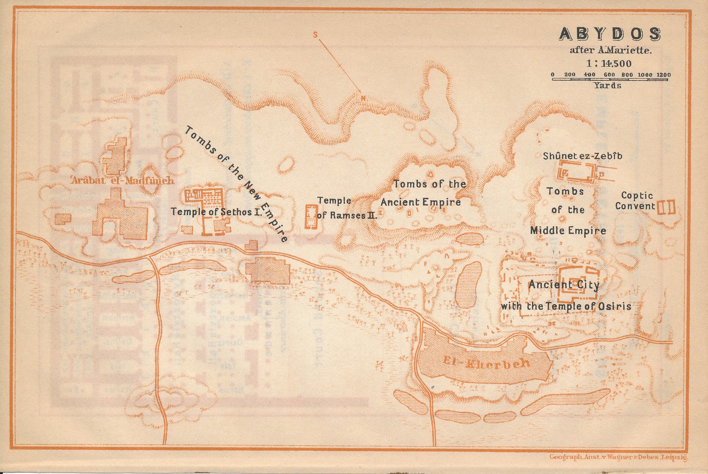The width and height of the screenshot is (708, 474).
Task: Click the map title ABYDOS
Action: pyautogui.click(x=610, y=34)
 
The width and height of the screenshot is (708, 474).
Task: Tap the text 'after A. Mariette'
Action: pyautogui.click(x=610, y=50)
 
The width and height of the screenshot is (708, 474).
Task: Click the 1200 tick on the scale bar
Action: pyautogui.click(x=664, y=75)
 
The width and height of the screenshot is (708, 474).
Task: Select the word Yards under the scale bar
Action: pyautogui.click(x=607, y=85)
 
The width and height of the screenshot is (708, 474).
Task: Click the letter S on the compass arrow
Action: pyautogui.click(x=315, y=35)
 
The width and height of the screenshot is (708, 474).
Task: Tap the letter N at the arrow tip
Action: pyautogui.click(x=363, y=98)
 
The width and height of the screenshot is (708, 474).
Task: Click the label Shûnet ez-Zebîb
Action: pyautogui.click(x=582, y=156)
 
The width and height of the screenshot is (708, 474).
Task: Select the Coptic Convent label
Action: pyautogui.click(x=636, y=201)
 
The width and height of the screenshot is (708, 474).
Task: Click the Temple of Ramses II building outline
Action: pyautogui.click(x=311, y=217)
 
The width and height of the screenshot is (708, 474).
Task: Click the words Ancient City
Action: pyautogui.click(x=564, y=285)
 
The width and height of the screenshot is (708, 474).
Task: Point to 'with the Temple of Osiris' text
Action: pyautogui.click(x=566, y=306)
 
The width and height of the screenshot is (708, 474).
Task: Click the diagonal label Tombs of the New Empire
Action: pyautogui.click(x=236, y=183)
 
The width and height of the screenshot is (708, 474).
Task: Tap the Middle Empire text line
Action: pyautogui.click(x=568, y=231)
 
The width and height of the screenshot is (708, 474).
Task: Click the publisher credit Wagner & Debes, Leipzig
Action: pyautogui.click(x=619, y=457)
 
